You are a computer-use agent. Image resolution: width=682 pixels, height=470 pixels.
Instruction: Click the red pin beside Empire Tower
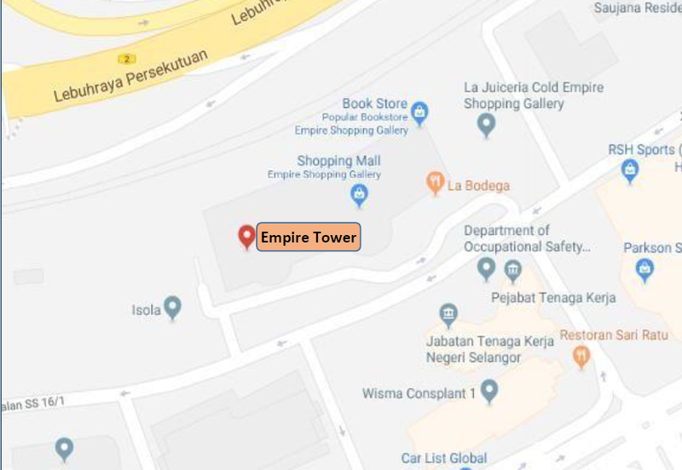(x=246, y=236)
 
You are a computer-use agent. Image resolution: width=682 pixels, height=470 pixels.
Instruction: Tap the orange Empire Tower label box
(x=309, y=238)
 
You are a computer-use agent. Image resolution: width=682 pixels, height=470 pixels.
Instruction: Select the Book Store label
(x=374, y=104)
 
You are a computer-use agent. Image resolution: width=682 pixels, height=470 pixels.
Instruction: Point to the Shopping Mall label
(x=338, y=161)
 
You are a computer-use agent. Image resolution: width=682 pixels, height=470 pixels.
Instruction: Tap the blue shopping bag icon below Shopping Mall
(x=360, y=196)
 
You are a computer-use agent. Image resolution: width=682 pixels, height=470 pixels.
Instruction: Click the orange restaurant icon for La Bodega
(x=435, y=182)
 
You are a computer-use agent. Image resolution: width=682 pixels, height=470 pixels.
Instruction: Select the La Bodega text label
(x=481, y=186)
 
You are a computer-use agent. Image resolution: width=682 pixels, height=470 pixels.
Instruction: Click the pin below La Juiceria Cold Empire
(x=487, y=126)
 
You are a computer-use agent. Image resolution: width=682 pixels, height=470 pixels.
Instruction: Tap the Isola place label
(x=146, y=310)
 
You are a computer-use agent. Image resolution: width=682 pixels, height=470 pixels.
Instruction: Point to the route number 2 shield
(x=127, y=58)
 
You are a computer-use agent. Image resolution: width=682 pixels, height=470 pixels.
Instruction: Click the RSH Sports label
(x=640, y=150)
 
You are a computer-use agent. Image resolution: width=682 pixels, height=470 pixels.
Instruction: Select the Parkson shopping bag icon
(x=645, y=270)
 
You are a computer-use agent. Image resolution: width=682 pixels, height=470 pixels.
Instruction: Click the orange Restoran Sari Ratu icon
(x=581, y=356)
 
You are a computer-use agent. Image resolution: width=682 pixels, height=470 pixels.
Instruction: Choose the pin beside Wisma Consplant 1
(x=489, y=392)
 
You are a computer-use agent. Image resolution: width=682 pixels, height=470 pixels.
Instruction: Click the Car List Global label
(x=444, y=459)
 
